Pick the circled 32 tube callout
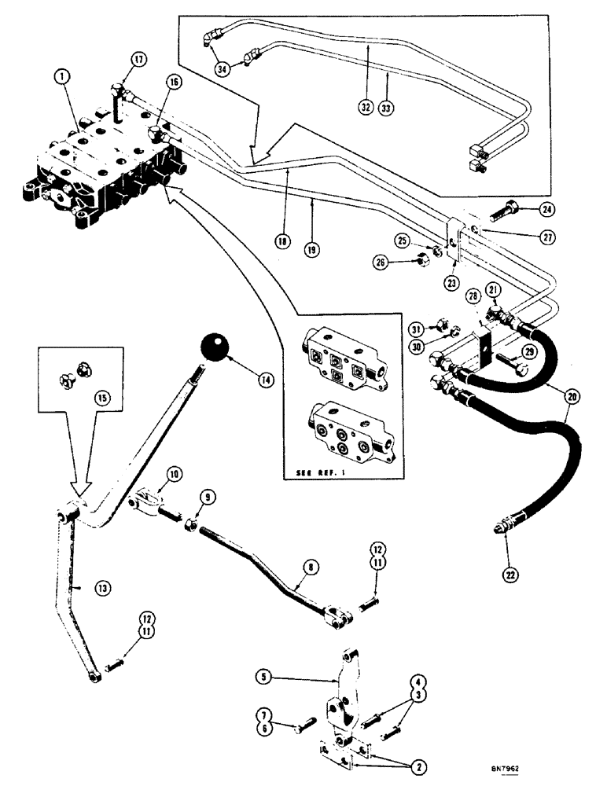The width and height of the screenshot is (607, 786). click(x=365, y=107)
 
